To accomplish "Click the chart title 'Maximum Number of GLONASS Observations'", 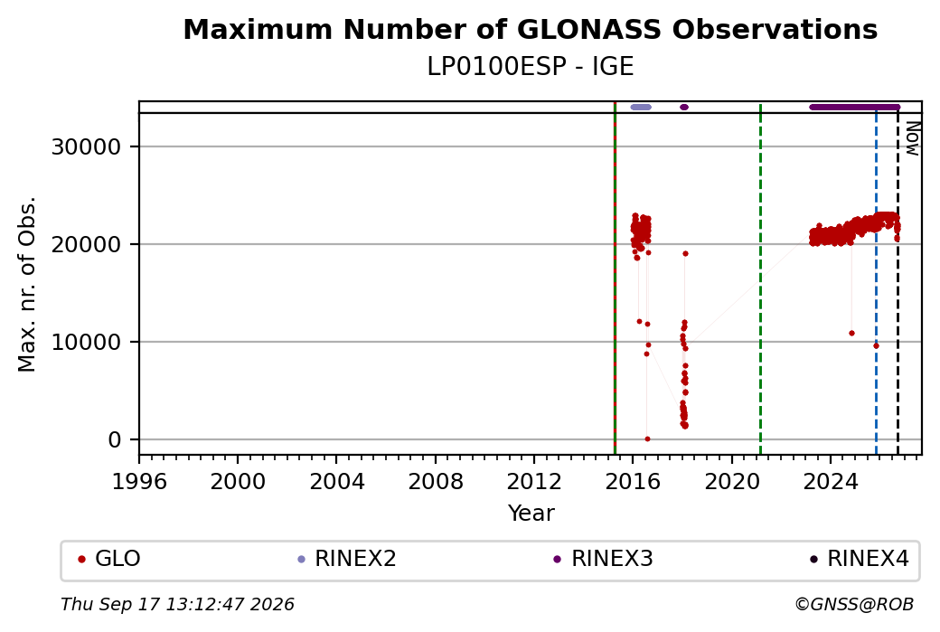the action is pyautogui.click(x=530, y=29).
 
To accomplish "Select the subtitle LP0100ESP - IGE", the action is pyautogui.click(x=530, y=67).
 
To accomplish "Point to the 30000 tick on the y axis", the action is pyautogui.click(x=87, y=146).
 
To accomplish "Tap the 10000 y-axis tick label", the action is pyautogui.click(x=87, y=343).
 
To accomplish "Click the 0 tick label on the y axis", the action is pyautogui.click(x=115, y=440).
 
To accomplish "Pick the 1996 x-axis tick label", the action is pyautogui.click(x=139, y=482).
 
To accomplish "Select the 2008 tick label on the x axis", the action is pyautogui.click(x=436, y=482).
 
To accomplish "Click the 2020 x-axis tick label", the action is pyautogui.click(x=731, y=482).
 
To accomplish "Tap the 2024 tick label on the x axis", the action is pyautogui.click(x=831, y=482).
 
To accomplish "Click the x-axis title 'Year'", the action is pyautogui.click(x=531, y=514).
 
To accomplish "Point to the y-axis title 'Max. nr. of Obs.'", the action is pyautogui.click(x=27, y=284).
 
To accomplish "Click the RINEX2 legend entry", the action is pyautogui.click(x=347, y=559).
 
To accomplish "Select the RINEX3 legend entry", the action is pyautogui.click(x=603, y=559).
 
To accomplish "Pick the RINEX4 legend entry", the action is pyautogui.click(x=860, y=559).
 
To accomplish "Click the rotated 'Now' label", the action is pyautogui.click(x=912, y=138).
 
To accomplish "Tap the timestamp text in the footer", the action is pyautogui.click(x=177, y=604).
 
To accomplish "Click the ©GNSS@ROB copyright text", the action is pyautogui.click(x=854, y=604).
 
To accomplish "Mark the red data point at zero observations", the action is pyautogui.click(x=647, y=439).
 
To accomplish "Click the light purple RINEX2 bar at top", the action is pyautogui.click(x=641, y=108).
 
